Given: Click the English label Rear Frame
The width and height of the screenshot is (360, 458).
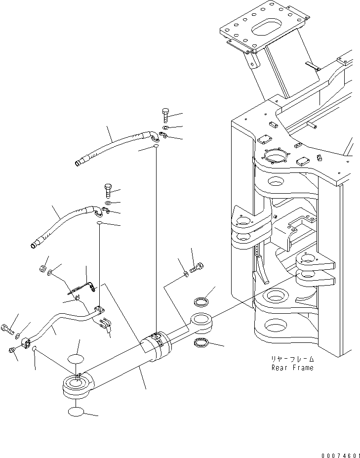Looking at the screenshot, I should tap(292, 368).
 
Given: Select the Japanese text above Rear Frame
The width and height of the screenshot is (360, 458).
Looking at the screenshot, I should tap(292, 360).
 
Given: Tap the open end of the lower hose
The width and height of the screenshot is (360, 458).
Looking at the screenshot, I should tap(35, 244).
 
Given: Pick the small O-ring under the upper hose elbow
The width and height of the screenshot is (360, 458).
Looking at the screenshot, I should tap(155, 147).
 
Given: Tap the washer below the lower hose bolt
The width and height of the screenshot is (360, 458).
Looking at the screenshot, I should tap(108, 203).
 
